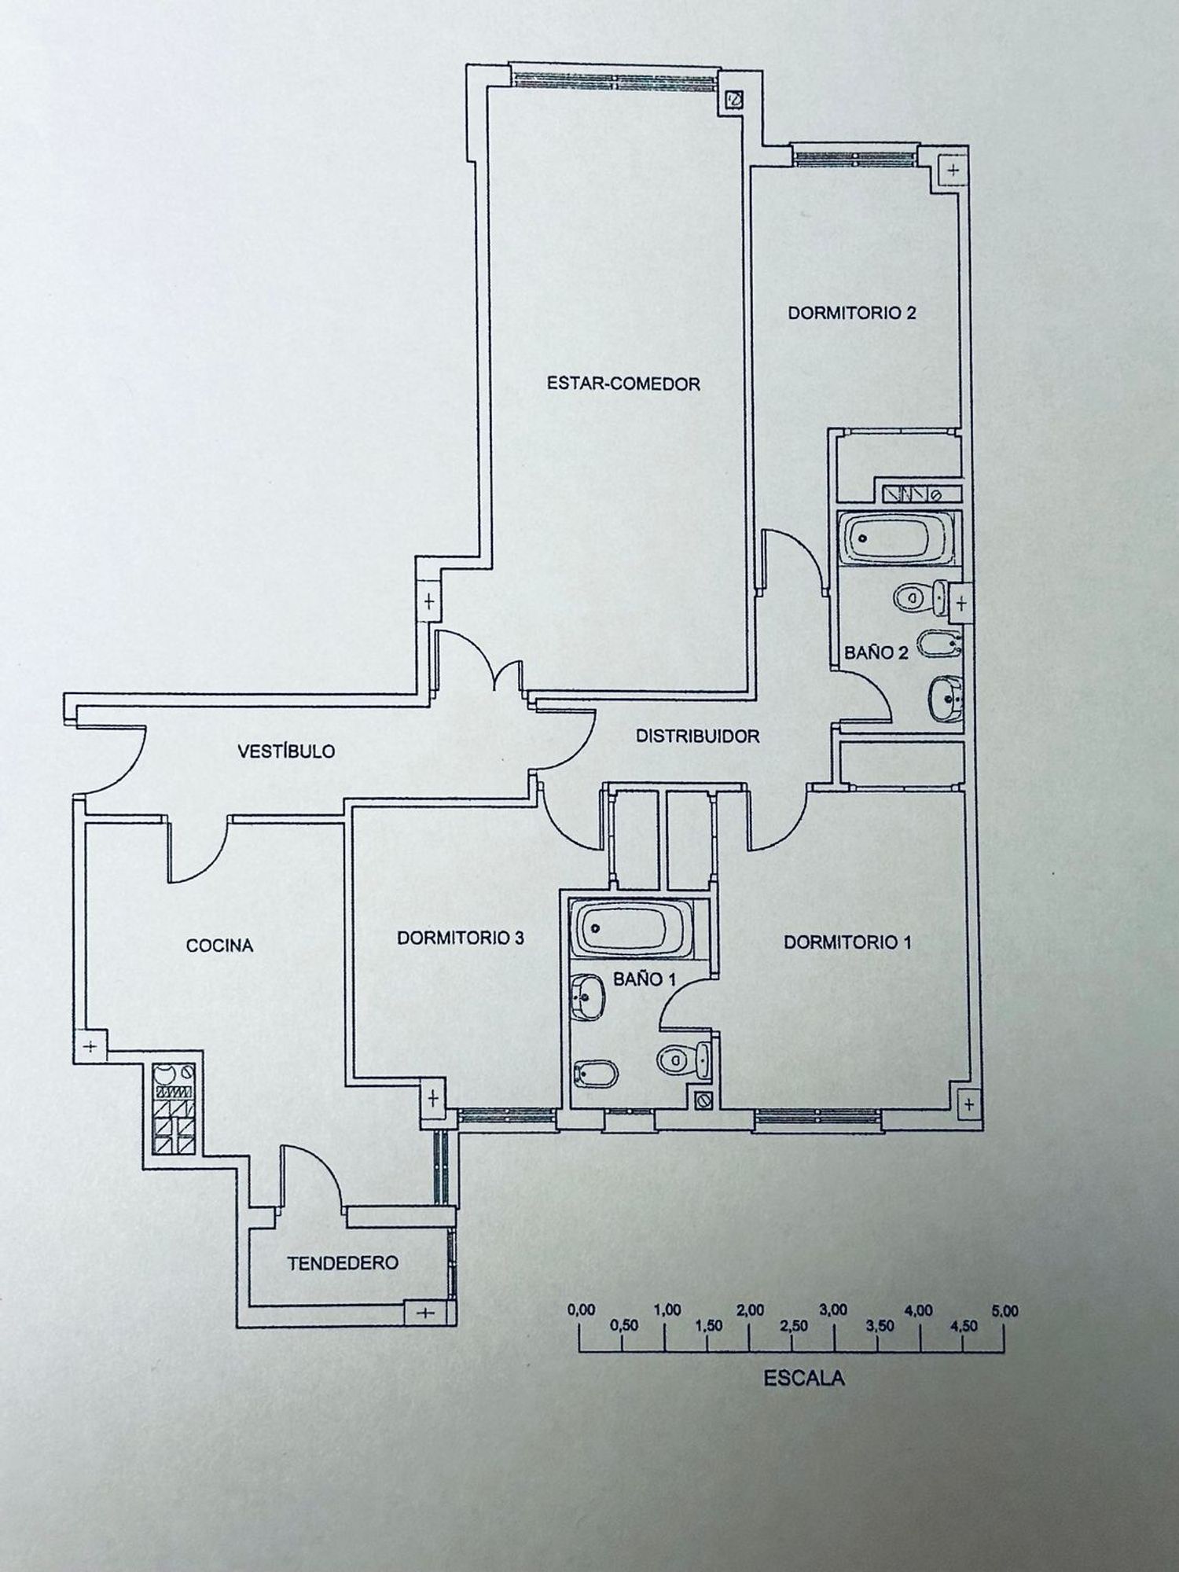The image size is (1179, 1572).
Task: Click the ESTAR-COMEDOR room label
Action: (x=623, y=384)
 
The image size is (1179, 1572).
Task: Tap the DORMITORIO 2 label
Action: (x=852, y=313)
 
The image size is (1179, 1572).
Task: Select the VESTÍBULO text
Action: (x=286, y=751)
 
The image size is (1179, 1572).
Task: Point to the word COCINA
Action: (x=219, y=946)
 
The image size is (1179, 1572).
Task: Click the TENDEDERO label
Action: (x=343, y=1263)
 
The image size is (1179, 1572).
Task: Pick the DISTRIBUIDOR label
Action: (x=697, y=736)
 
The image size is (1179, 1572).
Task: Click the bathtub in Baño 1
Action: (x=633, y=927)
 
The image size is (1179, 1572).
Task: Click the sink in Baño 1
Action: (x=587, y=999)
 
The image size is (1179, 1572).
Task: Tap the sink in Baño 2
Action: (x=946, y=698)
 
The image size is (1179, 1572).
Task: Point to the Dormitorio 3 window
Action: (x=506, y=1114)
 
